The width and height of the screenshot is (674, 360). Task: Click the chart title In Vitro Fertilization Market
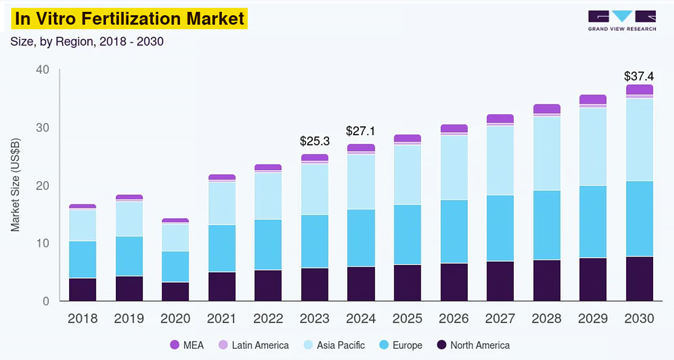(130, 19)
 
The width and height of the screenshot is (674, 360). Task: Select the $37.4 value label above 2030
(639, 76)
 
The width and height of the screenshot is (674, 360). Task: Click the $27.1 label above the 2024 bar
(361, 131)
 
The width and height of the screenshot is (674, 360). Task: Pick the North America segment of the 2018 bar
(83, 289)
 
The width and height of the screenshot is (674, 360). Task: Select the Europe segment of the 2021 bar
(222, 248)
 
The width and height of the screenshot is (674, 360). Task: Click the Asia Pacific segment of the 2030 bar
(639, 139)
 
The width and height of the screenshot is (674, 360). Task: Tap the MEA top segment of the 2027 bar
(500, 119)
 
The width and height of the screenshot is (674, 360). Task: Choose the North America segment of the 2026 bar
(454, 282)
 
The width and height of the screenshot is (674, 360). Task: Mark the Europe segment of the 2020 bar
(175, 266)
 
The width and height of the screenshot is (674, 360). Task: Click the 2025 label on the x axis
(407, 318)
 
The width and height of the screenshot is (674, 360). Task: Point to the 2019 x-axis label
(129, 318)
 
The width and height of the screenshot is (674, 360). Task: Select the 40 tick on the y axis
(43, 70)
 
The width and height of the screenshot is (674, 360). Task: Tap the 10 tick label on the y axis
(43, 243)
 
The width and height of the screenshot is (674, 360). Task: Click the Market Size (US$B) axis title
(15, 185)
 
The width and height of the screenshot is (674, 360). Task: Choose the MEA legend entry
(187, 345)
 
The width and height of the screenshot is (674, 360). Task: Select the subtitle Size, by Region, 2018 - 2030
(87, 42)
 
